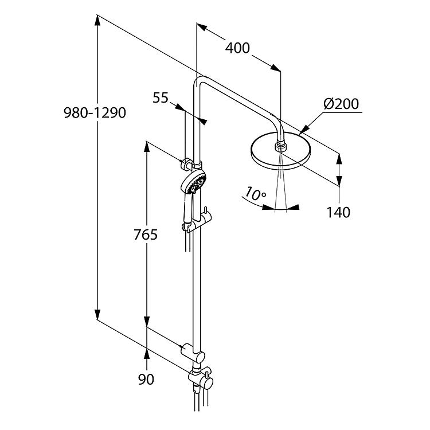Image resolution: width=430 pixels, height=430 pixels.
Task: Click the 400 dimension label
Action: click(x=237, y=48)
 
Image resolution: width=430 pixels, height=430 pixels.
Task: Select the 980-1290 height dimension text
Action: click(x=95, y=113)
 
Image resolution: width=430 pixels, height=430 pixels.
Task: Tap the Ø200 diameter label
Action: click(x=341, y=104)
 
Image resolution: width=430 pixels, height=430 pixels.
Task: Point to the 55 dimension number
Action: click(x=161, y=97)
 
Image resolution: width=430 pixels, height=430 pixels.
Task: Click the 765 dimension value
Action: click(x=146, y=234)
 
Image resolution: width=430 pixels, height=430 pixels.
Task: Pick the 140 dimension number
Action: click(x=338, y=213)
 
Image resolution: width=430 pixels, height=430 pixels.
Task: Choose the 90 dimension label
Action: click(x=146, y=380)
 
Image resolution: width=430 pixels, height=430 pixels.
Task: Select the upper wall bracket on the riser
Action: click(x=190, y=164)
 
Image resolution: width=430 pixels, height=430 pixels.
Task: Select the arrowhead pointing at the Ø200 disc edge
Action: click(x=304, y=130)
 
